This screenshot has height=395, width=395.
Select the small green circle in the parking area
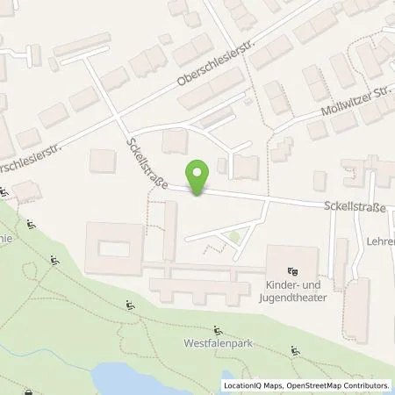pyautogui.click(x=234, y=236)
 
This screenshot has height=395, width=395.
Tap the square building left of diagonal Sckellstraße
pyautogui.click(x=104, y=162)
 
